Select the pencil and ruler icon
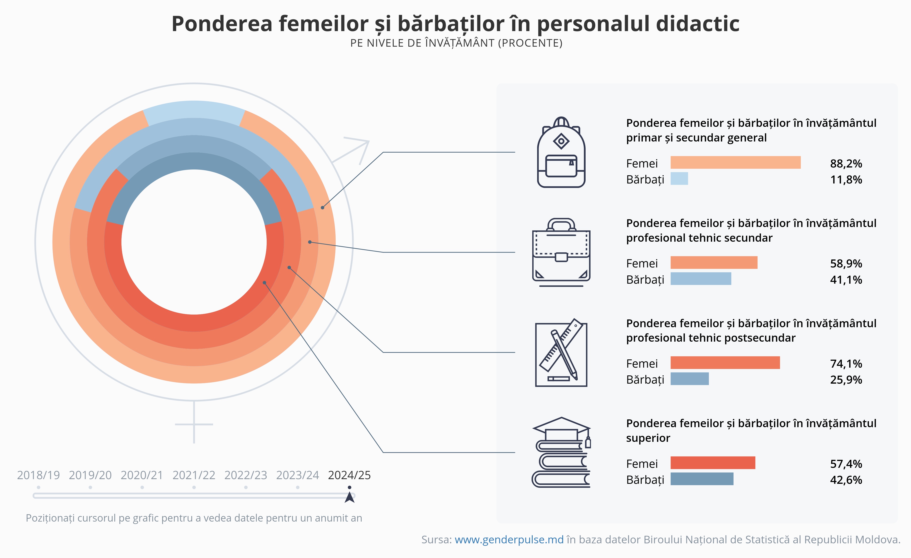561,353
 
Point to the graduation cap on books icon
561,453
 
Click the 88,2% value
846,163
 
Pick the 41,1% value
846,279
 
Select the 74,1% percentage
846,364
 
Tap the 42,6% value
846,480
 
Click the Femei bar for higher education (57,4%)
712,463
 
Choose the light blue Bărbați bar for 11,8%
679,179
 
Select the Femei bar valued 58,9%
713,263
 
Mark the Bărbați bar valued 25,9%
689,379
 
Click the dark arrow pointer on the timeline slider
349,497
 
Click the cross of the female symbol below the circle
194,424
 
